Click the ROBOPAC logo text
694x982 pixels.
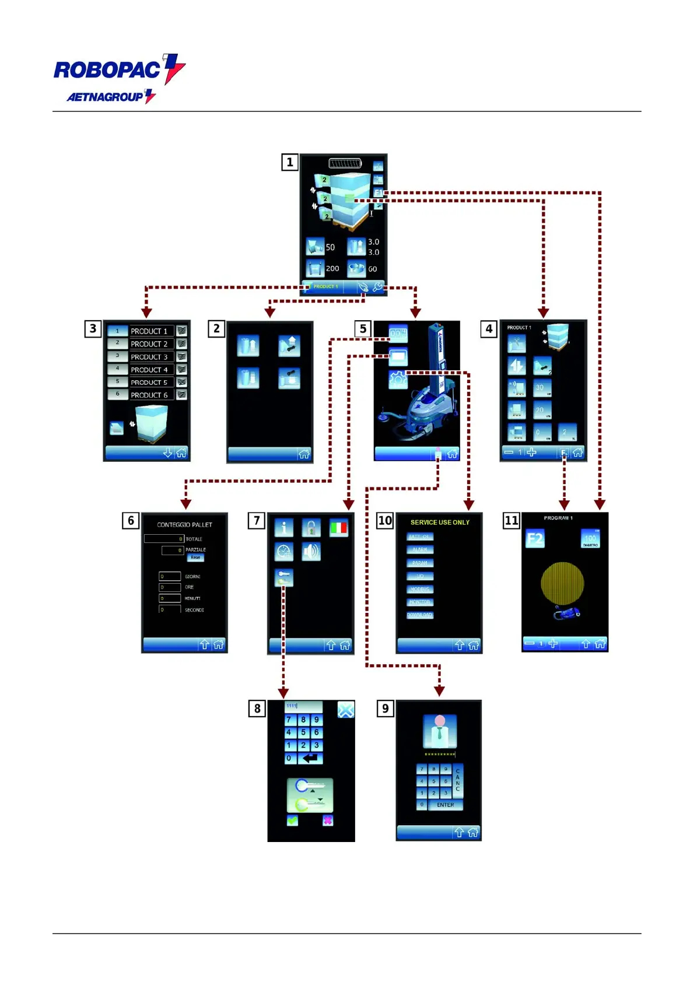click(107, 70)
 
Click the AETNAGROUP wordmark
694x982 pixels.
click(105, 97)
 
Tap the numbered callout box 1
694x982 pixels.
click(289, 162)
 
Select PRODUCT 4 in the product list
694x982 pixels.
click(149, 370)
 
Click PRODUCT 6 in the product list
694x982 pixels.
click(149, 395)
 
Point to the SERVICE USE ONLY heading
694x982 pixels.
click(440, 522)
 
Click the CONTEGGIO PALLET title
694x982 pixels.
click(184, 525)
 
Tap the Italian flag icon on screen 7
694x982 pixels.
click(338, 528)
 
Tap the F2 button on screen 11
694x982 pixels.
click(535, 539)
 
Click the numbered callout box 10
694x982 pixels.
click(385, 520)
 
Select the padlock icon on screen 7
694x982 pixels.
click(311, 528)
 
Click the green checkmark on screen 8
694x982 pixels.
click(292, 820)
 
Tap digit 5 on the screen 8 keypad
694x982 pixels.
click(303, 732)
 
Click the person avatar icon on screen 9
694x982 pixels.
click(439, 731)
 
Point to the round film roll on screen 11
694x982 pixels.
click(562, 583)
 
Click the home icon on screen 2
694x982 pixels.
click(304, 454)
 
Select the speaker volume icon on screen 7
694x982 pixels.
click(311, 552)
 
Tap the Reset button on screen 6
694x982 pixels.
click(195, 557)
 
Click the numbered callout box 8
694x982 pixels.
click(257, 709)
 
